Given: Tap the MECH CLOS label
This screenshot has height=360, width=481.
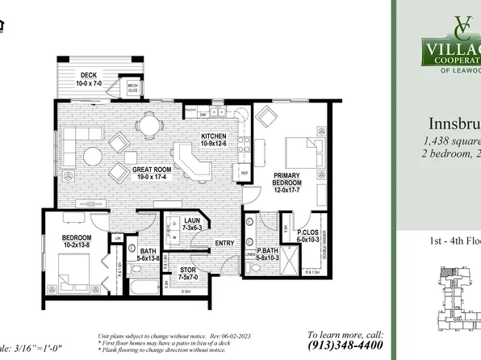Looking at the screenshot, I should [132, 87].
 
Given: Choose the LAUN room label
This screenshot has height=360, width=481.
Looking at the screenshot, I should [191, 222].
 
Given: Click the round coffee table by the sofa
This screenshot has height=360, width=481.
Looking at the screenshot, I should [94, 155].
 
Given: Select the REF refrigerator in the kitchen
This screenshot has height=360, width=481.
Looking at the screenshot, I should [243, 172].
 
